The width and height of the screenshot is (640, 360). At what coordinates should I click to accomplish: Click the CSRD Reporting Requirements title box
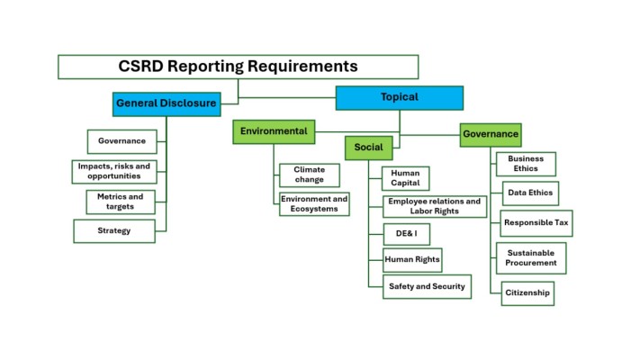point(238,67)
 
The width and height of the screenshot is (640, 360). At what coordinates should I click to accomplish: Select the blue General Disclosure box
point(167,103)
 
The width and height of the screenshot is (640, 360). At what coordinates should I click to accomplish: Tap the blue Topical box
point(399,97)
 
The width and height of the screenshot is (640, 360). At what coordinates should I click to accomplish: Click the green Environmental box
point(274,131)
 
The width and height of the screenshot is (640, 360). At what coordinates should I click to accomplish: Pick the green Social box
point(368,148)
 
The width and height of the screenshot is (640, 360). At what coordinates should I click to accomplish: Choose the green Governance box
point(491,134)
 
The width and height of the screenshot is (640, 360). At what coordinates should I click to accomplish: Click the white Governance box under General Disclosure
point(122,141)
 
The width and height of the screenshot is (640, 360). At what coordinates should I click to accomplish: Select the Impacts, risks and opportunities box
point(114,171)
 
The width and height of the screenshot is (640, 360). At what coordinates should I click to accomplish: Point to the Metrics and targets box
point(121,202)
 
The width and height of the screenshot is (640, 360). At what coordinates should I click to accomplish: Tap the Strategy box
point(114,231)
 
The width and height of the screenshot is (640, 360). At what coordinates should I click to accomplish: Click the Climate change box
point(309,175)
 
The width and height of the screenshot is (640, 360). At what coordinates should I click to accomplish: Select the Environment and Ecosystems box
point(314,204)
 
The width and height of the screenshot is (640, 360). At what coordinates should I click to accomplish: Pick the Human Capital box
point(405,178)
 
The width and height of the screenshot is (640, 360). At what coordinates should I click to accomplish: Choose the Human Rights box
point(412,260)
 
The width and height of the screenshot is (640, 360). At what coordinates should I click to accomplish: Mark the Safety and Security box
point(427,287)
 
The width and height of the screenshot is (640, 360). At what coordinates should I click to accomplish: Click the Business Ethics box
point(526,164)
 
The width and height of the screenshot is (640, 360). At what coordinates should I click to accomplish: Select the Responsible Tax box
point(536,223)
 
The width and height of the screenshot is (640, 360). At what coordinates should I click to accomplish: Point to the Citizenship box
point(527,293)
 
